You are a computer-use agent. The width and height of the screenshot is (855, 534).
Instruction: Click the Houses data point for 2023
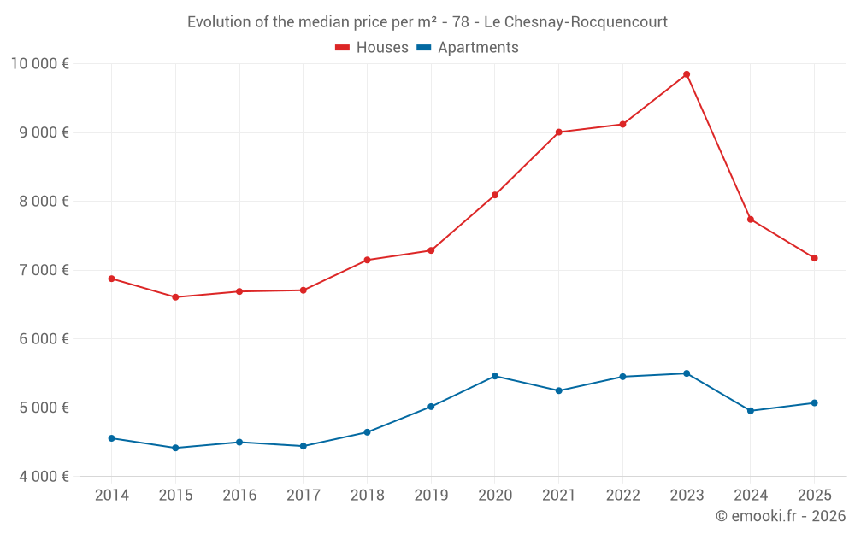point(687,74)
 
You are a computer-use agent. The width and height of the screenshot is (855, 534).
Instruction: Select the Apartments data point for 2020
point(495,376)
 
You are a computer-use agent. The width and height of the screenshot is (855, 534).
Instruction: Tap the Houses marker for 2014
point(112,279)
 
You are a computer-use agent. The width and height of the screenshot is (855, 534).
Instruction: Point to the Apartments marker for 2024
point(751,411)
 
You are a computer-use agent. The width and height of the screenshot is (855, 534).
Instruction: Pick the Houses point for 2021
point(559,132)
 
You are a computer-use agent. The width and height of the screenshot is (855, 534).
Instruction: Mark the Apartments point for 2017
point(304,446)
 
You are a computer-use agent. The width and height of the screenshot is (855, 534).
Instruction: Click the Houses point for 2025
point(814,258)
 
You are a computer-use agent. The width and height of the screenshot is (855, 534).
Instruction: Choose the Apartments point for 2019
point(431,407)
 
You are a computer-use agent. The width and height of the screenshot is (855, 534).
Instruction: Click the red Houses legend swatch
point(342,48)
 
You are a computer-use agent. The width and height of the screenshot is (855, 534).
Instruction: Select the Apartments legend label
point(478,48)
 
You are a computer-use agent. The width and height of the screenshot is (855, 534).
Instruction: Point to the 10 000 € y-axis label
point(40,63)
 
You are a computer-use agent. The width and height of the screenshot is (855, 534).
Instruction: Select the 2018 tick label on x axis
point(367,496)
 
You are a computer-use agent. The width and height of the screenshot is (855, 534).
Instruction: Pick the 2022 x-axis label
point(622,496)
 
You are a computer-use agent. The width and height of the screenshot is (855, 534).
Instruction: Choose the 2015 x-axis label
point(175,496)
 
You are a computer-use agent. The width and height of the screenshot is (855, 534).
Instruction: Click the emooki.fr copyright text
point(781,516)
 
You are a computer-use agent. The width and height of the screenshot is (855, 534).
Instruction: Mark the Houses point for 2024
point(751,220)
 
